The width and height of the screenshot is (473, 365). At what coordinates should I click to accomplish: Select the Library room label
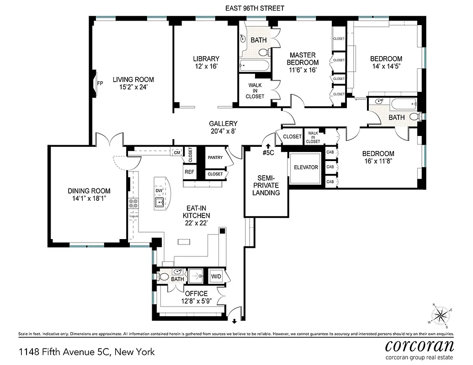206,59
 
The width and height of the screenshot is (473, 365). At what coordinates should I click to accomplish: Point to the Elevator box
306,167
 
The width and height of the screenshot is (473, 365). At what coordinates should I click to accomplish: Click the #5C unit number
268,152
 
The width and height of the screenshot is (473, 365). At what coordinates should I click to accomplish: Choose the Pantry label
215,158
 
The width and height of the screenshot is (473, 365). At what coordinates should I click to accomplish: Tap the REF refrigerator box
189,172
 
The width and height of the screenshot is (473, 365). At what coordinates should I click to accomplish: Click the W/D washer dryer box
216,276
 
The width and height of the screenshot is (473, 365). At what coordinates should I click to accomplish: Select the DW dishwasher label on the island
159,190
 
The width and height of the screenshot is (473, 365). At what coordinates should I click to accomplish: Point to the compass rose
441,314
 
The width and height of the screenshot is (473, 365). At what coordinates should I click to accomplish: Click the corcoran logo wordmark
419,344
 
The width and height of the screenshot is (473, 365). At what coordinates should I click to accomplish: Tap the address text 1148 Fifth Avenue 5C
87,352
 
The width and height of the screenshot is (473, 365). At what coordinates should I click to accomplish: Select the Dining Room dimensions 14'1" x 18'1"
89,198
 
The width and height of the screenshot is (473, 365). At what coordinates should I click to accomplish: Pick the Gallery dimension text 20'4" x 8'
223,131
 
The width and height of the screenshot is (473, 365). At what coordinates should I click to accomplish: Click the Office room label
196,293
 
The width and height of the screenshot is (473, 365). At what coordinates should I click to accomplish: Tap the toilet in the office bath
163,277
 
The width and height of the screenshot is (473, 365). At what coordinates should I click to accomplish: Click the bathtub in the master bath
254,66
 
